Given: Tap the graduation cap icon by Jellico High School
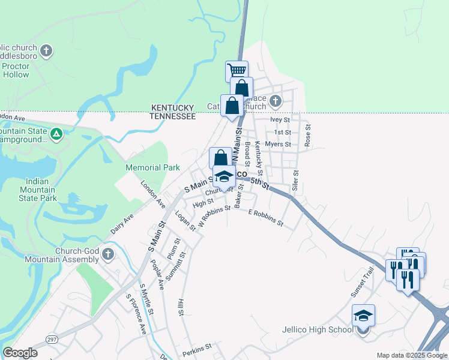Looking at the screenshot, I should [x=363, y=315].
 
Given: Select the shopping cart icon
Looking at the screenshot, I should [x=237, y=71].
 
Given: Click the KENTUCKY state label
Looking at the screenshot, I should [x=173, y=107].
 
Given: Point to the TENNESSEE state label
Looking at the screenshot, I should [x=173, y=116].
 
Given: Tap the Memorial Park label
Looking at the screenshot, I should [x=152, y=168].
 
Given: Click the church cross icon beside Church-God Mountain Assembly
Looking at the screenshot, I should [x=108, y=253].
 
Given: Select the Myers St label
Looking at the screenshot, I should [x=278, y=144].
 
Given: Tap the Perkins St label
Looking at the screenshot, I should [x=199, y=347].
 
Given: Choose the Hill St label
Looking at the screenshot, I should [x=180, y=307].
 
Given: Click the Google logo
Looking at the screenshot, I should [x=20, y=353].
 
